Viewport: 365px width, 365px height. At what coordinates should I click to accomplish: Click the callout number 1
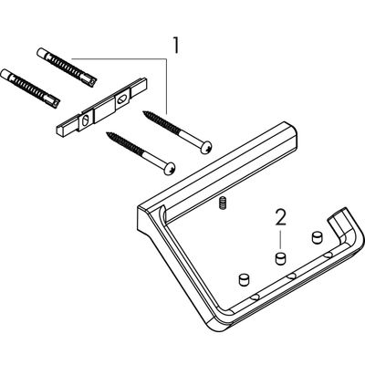[x=175, y=46]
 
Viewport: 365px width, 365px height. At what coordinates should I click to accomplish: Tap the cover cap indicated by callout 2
[x=281, y=258]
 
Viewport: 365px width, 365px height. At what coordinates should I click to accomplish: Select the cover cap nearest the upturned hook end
[x=317, y=237]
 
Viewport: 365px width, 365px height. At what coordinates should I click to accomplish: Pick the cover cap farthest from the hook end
[x=244, y=279]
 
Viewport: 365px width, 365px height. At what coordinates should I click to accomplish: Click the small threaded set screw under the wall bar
[x=223, y=203]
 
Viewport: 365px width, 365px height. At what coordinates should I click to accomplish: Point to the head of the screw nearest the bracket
[x=170, y=168]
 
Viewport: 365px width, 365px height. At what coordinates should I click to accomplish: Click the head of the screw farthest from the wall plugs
[x=205, y=148]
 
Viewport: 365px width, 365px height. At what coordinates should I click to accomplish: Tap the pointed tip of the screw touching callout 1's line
[x=144, y=113]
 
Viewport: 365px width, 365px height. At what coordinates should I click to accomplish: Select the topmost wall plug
[x=67, y=68]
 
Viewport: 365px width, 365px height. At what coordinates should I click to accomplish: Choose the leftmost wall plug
[x=30, y=88]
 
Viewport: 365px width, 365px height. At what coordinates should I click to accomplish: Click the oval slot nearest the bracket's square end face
[x=86, y=120]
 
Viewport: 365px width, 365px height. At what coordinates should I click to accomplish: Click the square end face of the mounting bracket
[x=61, y=130]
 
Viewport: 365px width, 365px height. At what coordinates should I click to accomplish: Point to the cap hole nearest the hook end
[x=328, y=255]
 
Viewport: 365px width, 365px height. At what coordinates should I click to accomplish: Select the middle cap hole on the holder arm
[x=292, y=276]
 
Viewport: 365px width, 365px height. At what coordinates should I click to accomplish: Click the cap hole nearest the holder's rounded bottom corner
[x=255, y=297]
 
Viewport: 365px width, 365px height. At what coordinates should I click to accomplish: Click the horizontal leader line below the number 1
[x=119, y=58]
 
